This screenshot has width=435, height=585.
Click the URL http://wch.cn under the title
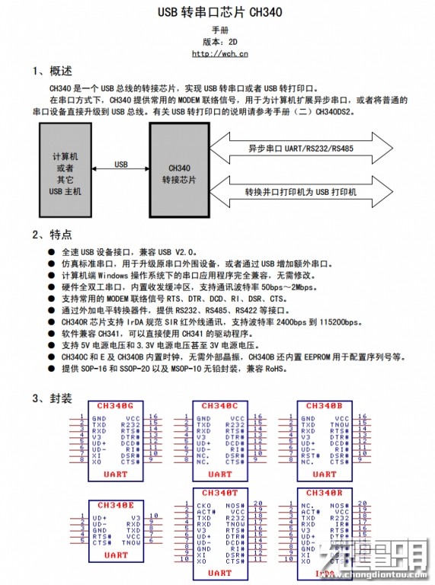click(x=219, y=53)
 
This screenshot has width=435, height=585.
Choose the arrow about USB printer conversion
click(x=300, y=192)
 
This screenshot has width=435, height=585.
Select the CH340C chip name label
click(x=219, y=406)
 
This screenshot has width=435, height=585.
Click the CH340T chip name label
click(x=219, y=493)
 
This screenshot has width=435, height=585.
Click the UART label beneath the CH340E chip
click(x=116, y=555)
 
